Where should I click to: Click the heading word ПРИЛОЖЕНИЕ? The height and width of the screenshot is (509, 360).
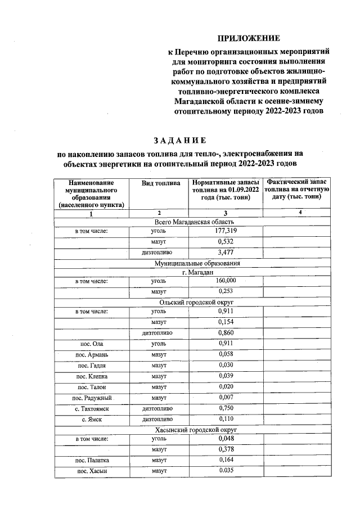coord(249,38)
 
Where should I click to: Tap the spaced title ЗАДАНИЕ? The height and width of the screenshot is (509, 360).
coord(180,139)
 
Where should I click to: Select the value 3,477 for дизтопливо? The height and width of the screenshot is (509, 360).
coord(226,253)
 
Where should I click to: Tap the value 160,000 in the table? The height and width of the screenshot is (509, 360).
coord(226,281)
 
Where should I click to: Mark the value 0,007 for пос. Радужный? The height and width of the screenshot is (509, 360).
coord(226,397)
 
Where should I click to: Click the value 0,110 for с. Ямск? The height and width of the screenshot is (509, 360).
coord(226,419)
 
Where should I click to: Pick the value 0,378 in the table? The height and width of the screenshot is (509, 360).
coord(226,449)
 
